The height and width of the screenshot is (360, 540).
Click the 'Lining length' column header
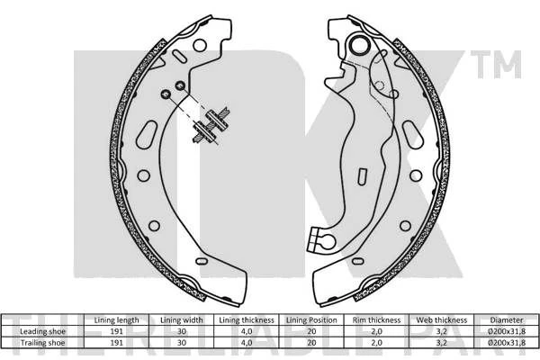116,320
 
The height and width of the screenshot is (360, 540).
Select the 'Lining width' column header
182,320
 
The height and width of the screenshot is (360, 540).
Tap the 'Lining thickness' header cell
247,320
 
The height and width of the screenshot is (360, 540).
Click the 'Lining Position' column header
311,320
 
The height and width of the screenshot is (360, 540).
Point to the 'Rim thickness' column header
376,320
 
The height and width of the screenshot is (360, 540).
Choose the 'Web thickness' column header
442,320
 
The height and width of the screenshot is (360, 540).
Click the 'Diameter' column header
507,320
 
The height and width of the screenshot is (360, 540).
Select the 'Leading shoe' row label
42,331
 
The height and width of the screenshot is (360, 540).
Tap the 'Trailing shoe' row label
42,343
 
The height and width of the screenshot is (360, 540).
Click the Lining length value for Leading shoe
116,331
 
